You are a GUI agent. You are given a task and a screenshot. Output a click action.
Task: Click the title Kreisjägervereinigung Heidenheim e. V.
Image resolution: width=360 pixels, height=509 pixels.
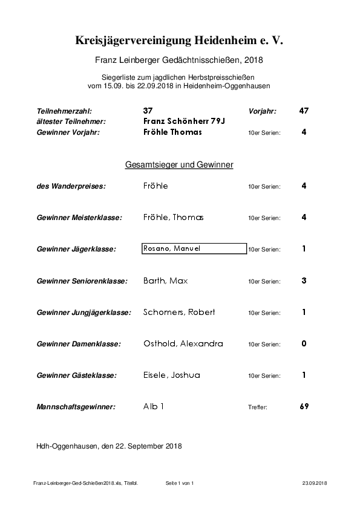click(x=179, y=41)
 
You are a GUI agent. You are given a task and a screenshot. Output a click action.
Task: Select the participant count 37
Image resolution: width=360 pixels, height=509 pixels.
click(x=148, y=111)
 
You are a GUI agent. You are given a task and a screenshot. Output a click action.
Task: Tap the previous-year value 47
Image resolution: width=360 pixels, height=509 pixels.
click(x=304, y=111)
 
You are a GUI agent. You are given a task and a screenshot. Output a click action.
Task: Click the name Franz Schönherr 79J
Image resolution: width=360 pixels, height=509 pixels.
click(x=175, y=122)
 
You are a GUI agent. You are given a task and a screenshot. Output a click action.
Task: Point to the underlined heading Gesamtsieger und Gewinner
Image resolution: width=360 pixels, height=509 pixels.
click(x=179, y=164)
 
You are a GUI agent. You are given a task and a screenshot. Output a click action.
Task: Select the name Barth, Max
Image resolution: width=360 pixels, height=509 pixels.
click(x=166, y=280)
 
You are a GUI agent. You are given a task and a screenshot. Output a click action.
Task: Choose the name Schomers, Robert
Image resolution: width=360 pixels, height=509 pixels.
click(x=179, y=313)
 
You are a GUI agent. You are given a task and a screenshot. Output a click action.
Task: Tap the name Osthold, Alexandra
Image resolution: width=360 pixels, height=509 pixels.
click(x=183, y=344)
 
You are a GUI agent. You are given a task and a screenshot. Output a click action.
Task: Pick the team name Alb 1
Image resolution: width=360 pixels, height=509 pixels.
click(x=154, y=407)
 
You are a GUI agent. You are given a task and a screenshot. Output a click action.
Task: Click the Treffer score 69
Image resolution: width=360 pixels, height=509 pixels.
click(x=304, y=407)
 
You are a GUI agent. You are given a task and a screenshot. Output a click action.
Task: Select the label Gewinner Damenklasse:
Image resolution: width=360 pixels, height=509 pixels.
click(x=79, y=345)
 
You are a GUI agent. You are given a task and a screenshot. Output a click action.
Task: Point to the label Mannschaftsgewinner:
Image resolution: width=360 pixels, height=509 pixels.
click(x=76, y=407)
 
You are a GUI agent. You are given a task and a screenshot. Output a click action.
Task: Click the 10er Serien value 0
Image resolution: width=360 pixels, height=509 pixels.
click(x=304, y=344)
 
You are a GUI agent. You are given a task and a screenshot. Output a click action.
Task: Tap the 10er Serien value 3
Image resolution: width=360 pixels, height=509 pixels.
click(x=304, y=280)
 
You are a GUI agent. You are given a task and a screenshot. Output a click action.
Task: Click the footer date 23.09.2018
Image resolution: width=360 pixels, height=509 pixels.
click(x=314, y=483)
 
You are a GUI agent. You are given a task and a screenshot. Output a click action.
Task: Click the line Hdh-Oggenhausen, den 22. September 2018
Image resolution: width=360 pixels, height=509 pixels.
click(x=109, y=446)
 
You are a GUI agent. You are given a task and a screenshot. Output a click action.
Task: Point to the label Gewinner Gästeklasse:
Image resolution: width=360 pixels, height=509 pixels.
click(x=77, y=376)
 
